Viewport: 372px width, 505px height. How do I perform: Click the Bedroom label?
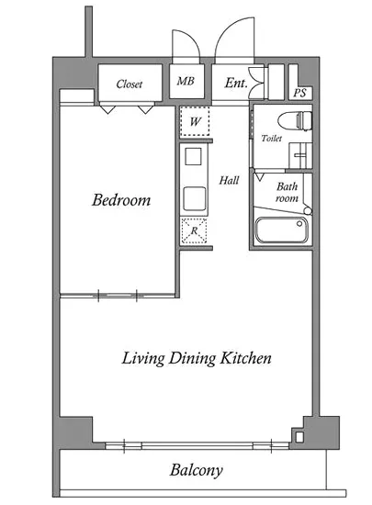(x=121, y=200)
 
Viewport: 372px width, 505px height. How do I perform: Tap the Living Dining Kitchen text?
(x=197, y=358)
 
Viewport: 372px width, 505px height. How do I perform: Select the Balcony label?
(x=197, y=470)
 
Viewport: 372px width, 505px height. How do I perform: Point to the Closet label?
(x=130, y=84)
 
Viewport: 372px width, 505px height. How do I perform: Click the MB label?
(x=186, y=81)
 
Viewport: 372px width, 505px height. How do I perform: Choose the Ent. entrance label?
(x=236, y=83)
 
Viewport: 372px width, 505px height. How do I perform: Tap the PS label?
(x=299, y=93)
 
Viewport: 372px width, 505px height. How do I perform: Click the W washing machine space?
(x=195, y=122)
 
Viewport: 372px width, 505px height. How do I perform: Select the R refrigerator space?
(x=194, y=230)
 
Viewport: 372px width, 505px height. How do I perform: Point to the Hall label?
(x=229, y=180)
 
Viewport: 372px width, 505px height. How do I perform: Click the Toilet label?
(x=272, y=138)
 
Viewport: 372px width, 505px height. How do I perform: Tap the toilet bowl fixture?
(x=295, y=121)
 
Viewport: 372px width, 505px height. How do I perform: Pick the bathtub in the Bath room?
(x=281, y=230)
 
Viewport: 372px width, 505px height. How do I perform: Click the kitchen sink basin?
(x=195, y=198)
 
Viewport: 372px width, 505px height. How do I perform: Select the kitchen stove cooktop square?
(x=193, y=156)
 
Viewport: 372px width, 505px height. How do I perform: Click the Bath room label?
(x=287, y=192)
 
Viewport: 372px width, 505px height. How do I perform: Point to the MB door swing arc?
(x=192, y=38)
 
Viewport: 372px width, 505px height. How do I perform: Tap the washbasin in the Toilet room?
(x=300, y=155)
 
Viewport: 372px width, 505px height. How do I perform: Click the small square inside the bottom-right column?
(x=299, y=437)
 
